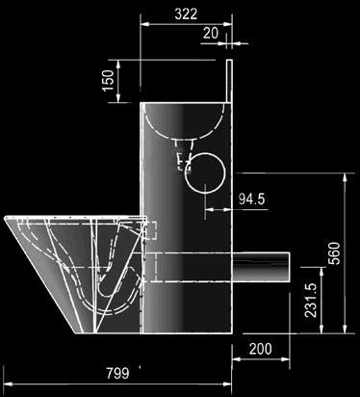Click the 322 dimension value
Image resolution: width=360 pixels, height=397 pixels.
click(x=186, y=13)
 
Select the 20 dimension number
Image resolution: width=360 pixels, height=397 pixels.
click(x=211, y=33)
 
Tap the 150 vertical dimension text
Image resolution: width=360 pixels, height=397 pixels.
click(x=109, y=81)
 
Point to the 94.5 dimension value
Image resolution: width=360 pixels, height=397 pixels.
click(x=252, y=199)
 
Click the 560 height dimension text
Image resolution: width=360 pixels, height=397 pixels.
click(x=334, y=253)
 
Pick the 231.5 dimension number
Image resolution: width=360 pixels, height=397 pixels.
click(x=311, y=300)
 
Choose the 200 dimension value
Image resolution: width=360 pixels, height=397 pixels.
click(x=261, y=349)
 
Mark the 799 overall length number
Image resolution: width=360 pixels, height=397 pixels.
click(x=117, y=373)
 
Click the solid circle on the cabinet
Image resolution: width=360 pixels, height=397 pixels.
click(x=205, y=173)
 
